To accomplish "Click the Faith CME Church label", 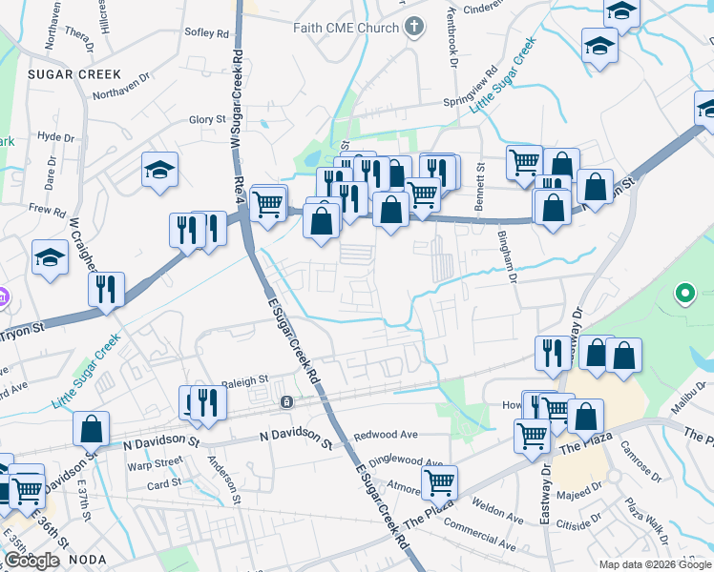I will click(347, 28).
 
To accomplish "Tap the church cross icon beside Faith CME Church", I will click(413, 27).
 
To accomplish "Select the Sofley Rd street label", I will click(207, 32).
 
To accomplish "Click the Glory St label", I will click(206, 119).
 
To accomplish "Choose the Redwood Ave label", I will click(386, 435).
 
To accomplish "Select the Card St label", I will click(163, 483).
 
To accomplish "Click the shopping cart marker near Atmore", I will click(439, 482).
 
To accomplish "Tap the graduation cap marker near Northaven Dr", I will click(160, 171).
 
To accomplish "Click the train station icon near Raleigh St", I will click(285, 403).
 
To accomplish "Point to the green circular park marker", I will click(684, 295).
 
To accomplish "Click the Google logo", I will click(32, 561).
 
